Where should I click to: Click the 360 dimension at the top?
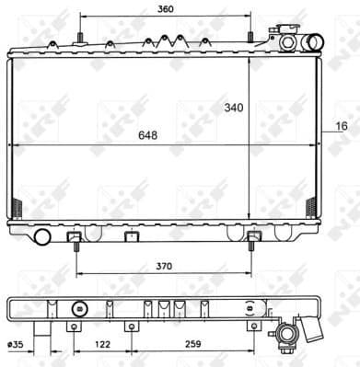pyautogui.click(x=165, y=9)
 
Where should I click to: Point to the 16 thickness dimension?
pyautogui.click(x=342, y=125)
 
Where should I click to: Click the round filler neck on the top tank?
pyautogui.click(x=288, y=40)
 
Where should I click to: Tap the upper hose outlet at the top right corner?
pyautogui.click(x=314, y=41)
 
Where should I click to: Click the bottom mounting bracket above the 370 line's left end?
pyautogui.click(x=75, y=241)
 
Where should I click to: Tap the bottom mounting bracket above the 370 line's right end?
pyautogui.click(x=253, y=241)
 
